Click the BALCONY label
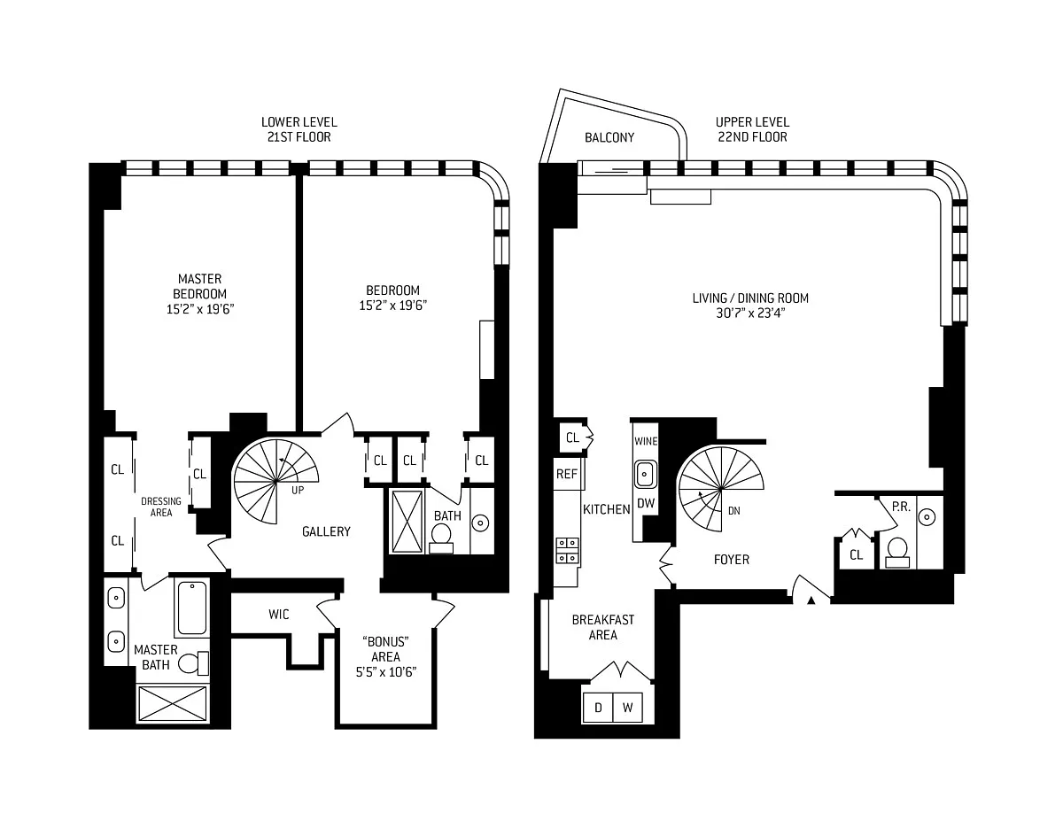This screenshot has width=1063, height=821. pyautogui.click(x=609, y=137)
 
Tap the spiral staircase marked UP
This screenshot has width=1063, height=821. pyautogui.click(x=275, y=481)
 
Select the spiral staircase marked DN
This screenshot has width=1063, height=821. pyautogui.click(x=720, y=489)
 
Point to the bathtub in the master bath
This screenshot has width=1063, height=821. pyautogui.click(x=191, y=608)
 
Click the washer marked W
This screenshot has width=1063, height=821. pyautogui.click(x=628, y=707)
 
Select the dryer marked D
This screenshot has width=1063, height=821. pyautogui.click(x=598, y=707)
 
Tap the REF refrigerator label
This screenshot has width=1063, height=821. pyautogui.click(x=566, y=474)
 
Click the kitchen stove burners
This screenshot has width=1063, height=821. pyautogui.click(x=567, y=550)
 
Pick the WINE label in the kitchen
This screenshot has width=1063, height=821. pyautogui.click(x=646, y=441)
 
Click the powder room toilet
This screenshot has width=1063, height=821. pyautogui.click(x=897, y=552)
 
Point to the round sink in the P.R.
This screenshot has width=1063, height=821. pyautogui.click(x=927, y=517)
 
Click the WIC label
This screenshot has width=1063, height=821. pyautogui.click(x=279, y=614)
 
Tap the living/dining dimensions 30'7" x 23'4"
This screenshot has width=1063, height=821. pyautogui.click(x=750, y=313)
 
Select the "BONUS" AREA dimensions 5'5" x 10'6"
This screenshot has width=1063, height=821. pyautogui.click(x=386, y=672)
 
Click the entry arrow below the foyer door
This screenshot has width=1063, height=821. pyautogui.click(x=811, y=600)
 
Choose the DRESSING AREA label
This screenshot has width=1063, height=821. pyautogui.click(x=161, y=507)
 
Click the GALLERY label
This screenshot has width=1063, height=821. pyautogui.click(x=326, y=531)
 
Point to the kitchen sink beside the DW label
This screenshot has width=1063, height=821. pyautogui.click(x=646, y=474)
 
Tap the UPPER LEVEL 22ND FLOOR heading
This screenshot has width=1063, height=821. pyautogui.click(x=752, y=129)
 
